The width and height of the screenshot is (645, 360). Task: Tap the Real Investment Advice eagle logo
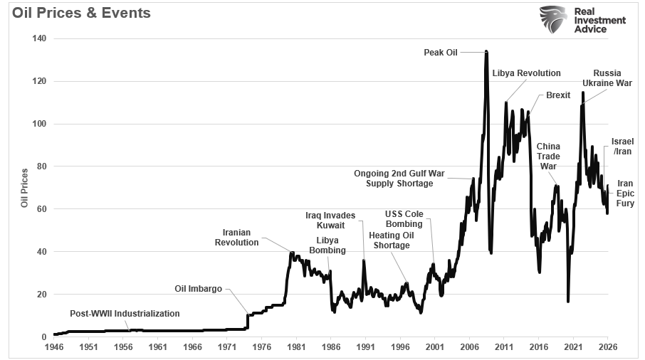[x=554, y=21]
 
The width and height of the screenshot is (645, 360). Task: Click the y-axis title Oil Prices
[x=25, y=188]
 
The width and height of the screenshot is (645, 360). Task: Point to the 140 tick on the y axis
[x=40, y=38]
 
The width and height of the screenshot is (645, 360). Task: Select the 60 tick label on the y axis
[x=42, y=209]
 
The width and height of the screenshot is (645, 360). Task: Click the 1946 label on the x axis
[x=53, y=347]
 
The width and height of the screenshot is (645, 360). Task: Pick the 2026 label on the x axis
[x=607, y=347]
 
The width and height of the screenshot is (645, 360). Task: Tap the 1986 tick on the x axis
[x=330, y=347]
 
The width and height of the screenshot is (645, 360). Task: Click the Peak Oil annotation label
[x=441, y=52]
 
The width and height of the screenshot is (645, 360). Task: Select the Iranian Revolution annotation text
[x=236, y=238]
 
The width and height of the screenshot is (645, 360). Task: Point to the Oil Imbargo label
[x=198, y=289]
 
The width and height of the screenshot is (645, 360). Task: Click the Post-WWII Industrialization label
[x=125, y=314]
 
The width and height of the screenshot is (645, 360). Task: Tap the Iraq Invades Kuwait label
[x=325, y=220]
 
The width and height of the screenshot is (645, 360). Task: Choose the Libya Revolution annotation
[x=526, y=73]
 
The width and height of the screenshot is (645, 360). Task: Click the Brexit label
[x=557, y=95]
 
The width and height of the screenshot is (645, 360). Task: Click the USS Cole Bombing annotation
[x=404, y=219]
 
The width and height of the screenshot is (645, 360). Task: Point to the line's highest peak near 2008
[x=486, y=52]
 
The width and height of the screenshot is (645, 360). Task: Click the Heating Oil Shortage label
[x=389, y=240]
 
